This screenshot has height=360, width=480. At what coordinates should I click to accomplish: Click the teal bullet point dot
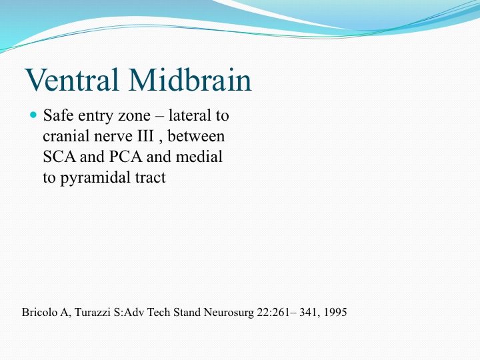click(x=33, y=115)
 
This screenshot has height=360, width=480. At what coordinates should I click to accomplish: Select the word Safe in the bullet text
click(x=58, y=115)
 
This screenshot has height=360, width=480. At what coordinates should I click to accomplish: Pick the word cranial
click(x=66, y=136)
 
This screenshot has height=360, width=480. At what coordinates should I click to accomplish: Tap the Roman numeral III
click(x=145, y=136)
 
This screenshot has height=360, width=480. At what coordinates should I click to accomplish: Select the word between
click(x=196, y=136)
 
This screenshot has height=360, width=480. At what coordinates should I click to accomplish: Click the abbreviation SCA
click(x=59, y=157)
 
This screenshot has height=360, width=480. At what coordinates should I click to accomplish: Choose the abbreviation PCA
click(x=125, y=157)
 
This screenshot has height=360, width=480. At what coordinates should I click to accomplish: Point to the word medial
click(x=199, y=157)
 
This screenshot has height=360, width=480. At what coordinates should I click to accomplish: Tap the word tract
click(x=150, y=178)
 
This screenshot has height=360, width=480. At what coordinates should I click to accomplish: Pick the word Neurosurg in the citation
click(x=229, y=313)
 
